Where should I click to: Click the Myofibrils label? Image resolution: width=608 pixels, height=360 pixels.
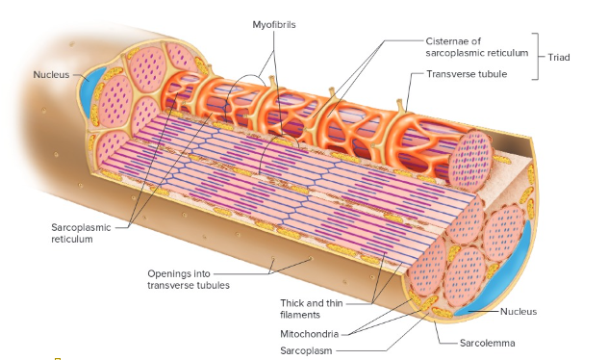tap(274, 24)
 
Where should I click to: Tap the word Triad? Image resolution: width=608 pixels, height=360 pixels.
tap(559, 58)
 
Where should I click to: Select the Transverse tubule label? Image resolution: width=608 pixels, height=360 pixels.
tap(466, 74)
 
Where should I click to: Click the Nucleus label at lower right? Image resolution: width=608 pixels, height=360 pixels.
tap(519, 311)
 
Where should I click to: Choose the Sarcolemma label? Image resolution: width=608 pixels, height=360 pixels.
tap(488, 343)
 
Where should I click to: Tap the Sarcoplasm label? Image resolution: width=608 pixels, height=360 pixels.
tap(306, 350)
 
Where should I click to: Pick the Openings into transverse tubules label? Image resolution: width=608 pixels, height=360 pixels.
tap(189, 278)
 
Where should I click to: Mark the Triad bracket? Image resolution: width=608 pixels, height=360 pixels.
tap(541, 58)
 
